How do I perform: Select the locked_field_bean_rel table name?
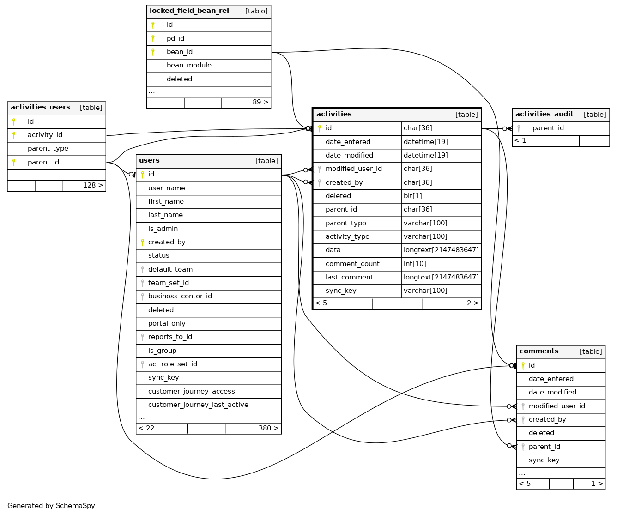(x=189, y=11)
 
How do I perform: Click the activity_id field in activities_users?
(x=45, y=135)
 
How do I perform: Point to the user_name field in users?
(x=166, y=188)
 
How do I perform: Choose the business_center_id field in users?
(x=180, y=297)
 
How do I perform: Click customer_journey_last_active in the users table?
(x=198, y=405)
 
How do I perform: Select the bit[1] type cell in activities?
(x=413, y=196)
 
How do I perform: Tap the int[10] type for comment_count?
(x=415, y=264)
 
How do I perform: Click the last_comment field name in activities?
(x=349, y=278)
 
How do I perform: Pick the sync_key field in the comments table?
(x=544, y=460)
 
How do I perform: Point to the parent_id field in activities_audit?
(x=548, y=128)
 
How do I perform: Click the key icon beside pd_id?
(x=153, y=39)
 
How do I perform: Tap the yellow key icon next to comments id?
(x=523, y=366)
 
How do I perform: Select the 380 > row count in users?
(x=268, y=429)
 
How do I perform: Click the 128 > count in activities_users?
(x=93, y=186)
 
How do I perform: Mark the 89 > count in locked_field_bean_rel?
(x=260, y=103)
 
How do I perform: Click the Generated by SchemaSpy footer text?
(x=51, y=506)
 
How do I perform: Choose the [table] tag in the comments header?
(x=591, y=352)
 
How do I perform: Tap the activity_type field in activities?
(x=347, y=237)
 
